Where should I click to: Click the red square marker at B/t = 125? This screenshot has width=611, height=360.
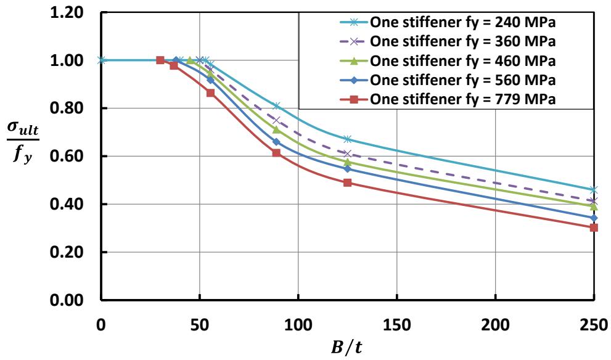point(348,183)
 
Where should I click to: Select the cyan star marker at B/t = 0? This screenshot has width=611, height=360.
point(101,60)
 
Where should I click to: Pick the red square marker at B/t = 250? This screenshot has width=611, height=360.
point(594,227)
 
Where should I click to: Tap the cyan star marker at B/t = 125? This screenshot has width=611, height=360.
point(348,139)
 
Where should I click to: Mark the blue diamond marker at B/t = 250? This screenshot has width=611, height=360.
point(594,218)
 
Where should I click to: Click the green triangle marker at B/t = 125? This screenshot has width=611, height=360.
point(348,162)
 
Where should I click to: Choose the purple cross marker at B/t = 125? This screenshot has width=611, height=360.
point(348,153)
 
